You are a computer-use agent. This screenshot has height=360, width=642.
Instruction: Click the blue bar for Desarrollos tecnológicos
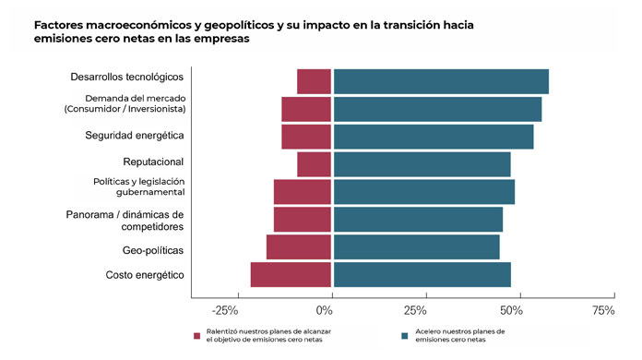[x=440, y=81]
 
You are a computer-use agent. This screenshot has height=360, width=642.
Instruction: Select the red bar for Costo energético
[x=291, y=275]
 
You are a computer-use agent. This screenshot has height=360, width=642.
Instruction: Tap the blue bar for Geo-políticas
[x=416, y=247]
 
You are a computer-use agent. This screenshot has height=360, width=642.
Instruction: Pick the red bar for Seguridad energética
[x=306, y=137]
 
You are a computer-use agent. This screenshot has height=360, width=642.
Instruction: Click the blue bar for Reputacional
[x=422, y=164]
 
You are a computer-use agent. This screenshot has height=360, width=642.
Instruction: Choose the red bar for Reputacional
[x=314, y=164]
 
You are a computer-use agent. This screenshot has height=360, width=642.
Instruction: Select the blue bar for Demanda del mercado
[x=437, y=109]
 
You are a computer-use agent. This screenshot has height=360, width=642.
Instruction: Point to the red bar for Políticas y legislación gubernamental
[x=302, y=192]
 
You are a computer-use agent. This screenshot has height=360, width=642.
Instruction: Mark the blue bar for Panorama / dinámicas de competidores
[x=418, y=220]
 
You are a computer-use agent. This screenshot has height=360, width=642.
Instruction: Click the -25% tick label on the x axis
[x=226, y=311]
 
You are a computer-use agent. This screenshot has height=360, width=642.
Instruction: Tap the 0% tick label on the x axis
[x=325, y=311]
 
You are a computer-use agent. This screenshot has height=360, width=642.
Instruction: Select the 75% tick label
[x=602, y=311]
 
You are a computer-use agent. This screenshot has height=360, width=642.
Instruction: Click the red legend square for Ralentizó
[x=197, y=336]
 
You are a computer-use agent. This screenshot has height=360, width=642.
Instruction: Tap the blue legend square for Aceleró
[x=406, y=336]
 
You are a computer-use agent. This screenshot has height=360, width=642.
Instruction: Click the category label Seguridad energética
[x=135, y=136]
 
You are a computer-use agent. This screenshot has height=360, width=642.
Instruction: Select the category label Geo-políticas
[x=153, y=251]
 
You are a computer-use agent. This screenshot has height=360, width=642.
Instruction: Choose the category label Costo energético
[x=145, y=275]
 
